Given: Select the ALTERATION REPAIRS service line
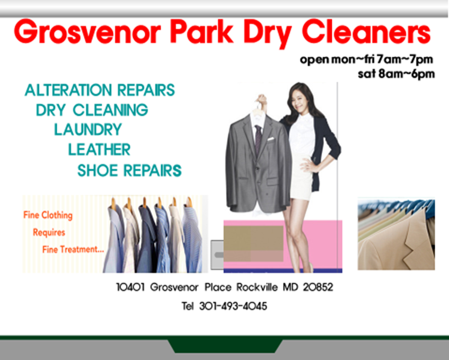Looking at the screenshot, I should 100,90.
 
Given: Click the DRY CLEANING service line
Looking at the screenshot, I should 92,110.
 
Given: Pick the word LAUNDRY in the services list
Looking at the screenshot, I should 87,129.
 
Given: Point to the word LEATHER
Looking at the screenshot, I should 99,150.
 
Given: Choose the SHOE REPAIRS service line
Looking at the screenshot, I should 129,171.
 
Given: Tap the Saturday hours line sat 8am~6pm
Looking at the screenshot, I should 396,74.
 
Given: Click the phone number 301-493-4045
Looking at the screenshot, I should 233,306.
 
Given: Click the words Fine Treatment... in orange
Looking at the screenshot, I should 73,249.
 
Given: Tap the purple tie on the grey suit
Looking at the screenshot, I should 258,139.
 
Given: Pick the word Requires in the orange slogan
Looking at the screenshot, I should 49,232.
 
